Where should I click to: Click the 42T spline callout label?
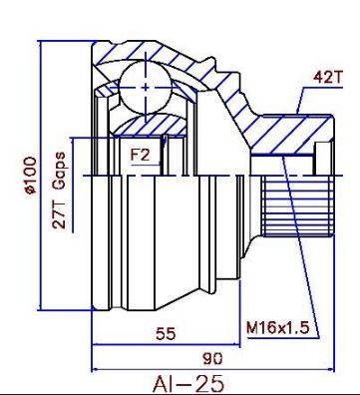pos(327,78)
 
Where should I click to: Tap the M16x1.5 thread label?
pos(277,328)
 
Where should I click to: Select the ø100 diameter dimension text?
pos(30,176)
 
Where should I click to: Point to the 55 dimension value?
pos(166,333)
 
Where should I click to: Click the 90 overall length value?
pos(212,358)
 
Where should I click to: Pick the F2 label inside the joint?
pos(140,155)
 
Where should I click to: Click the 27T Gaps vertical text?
pos(59,191)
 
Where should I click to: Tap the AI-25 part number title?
pos(188,383)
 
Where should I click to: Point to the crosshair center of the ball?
pos(146,88)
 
